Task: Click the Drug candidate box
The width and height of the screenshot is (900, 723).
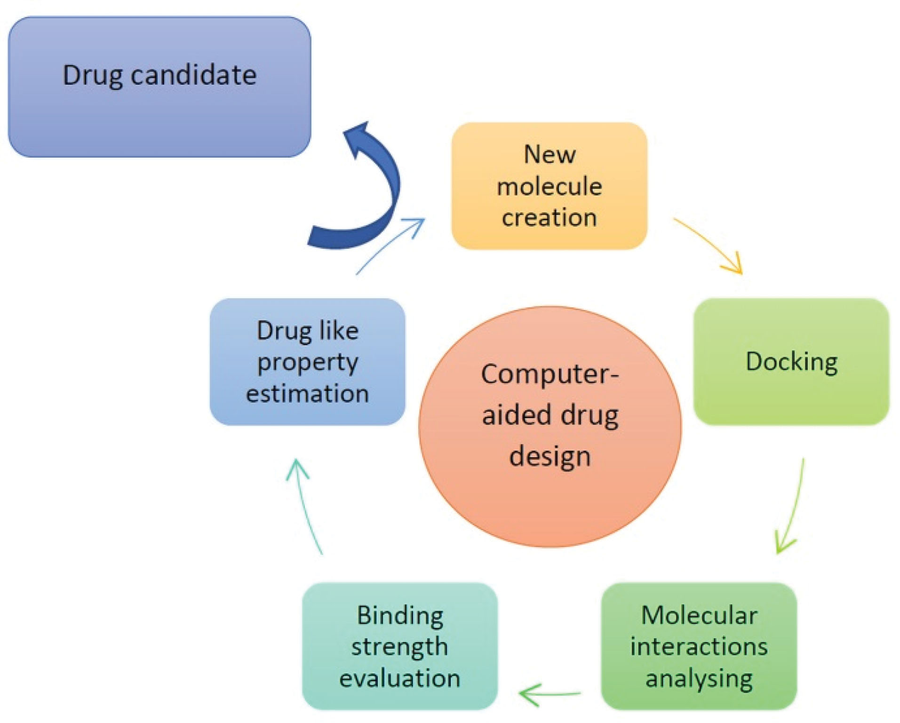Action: (x=159, y=87)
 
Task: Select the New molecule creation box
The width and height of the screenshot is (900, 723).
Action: (x=549, y=186)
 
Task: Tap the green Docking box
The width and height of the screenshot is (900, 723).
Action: (x=791, y=362)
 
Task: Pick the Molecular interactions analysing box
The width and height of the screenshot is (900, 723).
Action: (x=699, y=646)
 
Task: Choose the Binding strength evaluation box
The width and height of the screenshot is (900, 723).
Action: (x=399, y=646)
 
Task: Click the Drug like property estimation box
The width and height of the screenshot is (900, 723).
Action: (x=307, y=362)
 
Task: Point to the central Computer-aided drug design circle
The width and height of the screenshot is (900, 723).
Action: (x=550, y=427)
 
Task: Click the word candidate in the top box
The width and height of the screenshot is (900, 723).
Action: (x=193, y=75)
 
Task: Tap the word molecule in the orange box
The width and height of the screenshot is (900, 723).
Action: (x=550, y=186)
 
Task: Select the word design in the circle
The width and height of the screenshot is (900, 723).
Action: (x=550, y=456)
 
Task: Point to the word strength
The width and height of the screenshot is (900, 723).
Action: (x=399, y=647)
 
